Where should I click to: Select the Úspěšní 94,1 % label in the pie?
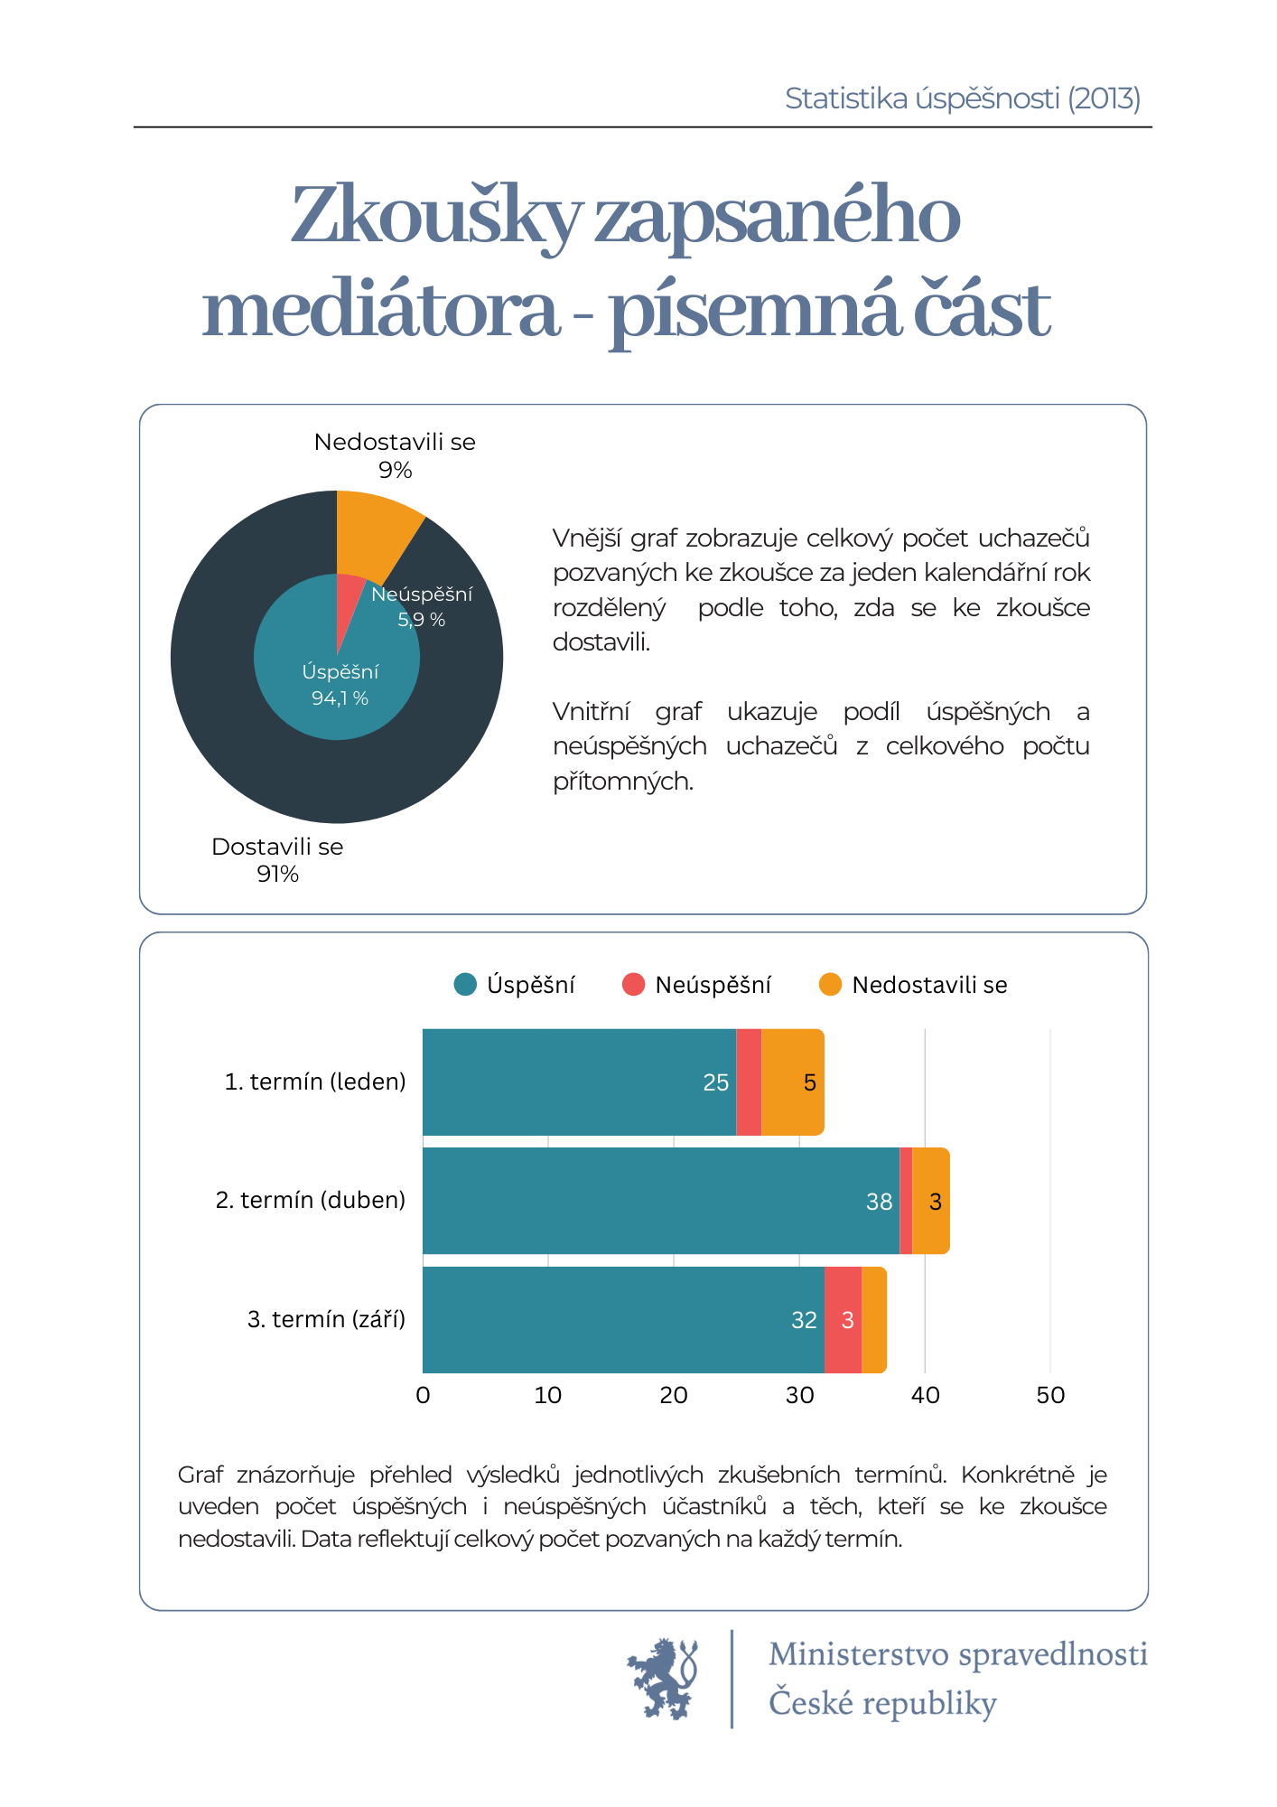point(340,685)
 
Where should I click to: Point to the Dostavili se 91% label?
point(277,860)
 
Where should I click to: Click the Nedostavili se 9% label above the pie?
point(395,455)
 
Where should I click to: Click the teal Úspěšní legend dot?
point(465,985)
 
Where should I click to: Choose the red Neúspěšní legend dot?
point(633,985)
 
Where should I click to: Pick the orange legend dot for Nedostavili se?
point(830,985)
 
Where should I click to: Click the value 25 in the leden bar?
point(715,1082)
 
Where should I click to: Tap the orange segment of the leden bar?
point(793,1082)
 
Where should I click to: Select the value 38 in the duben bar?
point(879,1202)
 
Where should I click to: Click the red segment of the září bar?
point(844,1320)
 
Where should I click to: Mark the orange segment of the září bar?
point(874,1320)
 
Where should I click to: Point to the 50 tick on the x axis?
point(1050,1396)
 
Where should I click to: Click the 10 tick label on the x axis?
point(547,1396)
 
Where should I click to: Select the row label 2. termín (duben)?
point(310,1201)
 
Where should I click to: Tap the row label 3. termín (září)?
point(326,1320)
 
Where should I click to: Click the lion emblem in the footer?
point(663,1678)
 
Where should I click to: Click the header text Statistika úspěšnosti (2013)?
point(963,98)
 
